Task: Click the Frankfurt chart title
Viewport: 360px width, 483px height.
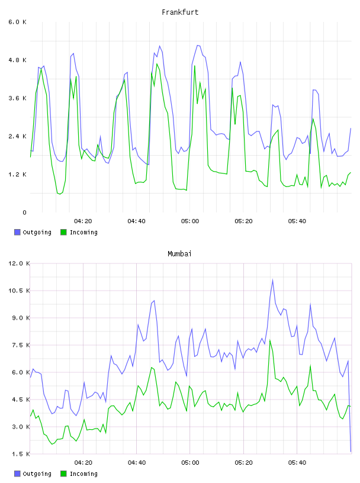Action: pyautogui.click(x=180, y=12)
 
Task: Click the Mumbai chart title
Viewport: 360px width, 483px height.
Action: pyautogui.click(x=179, y=254)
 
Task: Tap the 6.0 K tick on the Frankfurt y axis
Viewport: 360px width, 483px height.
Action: pyautogui.click(x=18, y=22)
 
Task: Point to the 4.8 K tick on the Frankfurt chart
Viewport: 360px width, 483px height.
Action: pyautogui.click(x=18, y=60)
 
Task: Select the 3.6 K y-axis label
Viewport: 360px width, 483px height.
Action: pyautogui.click(x=18, y=98)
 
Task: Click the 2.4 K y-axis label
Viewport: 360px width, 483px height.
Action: pyautogui.click(x=18, y=137)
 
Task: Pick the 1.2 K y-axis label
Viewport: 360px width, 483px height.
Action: pyautogui.click(x=18, y=175)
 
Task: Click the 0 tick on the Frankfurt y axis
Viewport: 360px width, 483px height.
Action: pyautogui.click(x=24, y=212)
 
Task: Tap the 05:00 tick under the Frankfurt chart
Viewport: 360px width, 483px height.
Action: pyautogui.click(x=190, y=221)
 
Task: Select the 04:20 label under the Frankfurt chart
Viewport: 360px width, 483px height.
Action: pyautogui.click(x=83, y=221)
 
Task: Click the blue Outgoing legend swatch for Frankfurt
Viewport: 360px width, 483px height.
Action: pyautogui.click(x=17, y=232)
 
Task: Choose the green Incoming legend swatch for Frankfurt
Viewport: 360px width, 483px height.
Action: pyautogui.click(x=63, y=232)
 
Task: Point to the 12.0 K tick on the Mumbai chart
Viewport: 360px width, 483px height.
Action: pyautogui.click(x=19, y=263)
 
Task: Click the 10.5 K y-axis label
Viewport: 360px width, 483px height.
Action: pyautogui.click(x=19, y=291)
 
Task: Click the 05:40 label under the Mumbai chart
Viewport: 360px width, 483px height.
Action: pyautogui.click(x=297, y=463)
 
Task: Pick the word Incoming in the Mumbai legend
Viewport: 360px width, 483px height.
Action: pyautogui.click(x=83, y=474)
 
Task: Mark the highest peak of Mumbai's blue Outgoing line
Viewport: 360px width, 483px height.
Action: pyautogui.click(x=272, y=280)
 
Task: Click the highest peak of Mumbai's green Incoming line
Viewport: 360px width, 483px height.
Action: pyautogui.click(x=270, y=340)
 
